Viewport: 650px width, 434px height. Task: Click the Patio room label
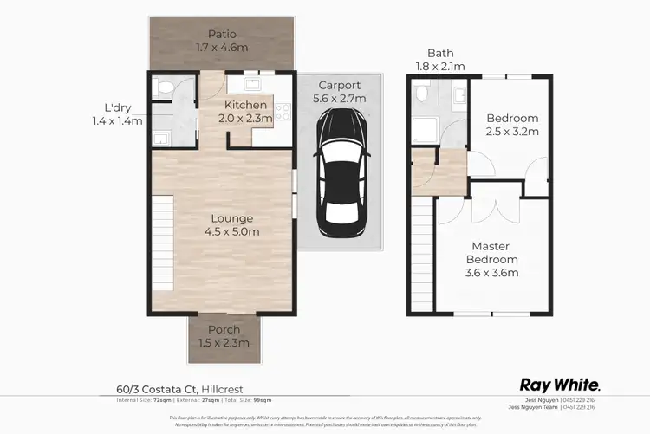pos(223,34)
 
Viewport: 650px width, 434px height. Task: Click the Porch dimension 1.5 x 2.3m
pos(223,343)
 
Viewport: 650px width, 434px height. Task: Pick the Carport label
pos(340,85)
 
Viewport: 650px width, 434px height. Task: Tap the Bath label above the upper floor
pos(440,53)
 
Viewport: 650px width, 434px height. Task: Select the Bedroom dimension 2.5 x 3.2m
pos(512,132)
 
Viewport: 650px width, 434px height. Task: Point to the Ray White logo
pos(560,384)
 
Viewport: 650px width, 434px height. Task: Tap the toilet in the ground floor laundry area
pos(161,87)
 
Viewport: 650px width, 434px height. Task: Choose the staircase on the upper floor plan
pos(423,251)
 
